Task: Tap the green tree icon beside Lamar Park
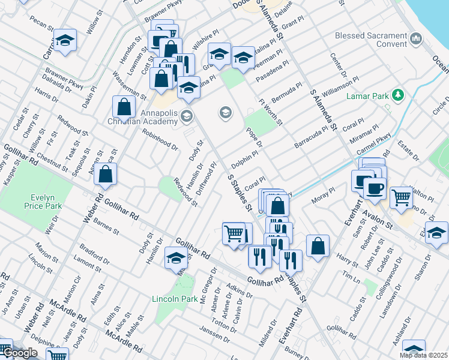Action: coord(397,95)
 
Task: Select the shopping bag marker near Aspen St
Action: coord(105,174)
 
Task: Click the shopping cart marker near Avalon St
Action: coord(401,197)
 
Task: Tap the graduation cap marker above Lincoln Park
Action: coord(175,259)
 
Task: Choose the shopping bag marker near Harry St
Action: coord(318,245)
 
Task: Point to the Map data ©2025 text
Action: coord(424,355)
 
